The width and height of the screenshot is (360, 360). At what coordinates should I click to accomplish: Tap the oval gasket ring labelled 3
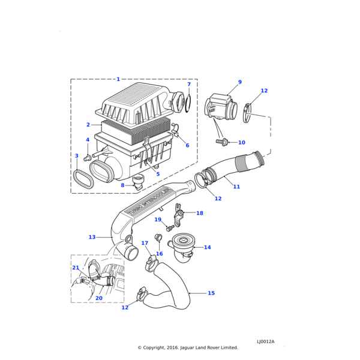coord(83,179)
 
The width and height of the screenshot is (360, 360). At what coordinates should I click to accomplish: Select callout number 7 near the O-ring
coord(189,85)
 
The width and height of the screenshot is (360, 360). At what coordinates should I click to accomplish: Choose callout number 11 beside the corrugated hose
coord(236,187)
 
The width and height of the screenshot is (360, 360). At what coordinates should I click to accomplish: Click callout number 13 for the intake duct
coord(92,237)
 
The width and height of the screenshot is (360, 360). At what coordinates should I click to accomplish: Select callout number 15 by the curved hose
coord(211,293)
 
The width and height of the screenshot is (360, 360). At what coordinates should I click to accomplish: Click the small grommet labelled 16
coord(159,239)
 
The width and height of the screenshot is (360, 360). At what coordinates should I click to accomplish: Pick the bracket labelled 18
coord(179,212)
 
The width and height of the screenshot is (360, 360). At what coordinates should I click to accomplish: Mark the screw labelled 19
coord(170,227)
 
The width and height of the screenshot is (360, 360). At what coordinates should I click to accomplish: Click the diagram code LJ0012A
coord(265,341)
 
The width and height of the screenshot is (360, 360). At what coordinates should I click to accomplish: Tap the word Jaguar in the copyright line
coord(193,347)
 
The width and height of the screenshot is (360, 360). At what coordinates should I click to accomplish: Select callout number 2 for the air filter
coord(88,125)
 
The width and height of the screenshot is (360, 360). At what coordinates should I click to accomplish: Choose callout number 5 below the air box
coord(158,174)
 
